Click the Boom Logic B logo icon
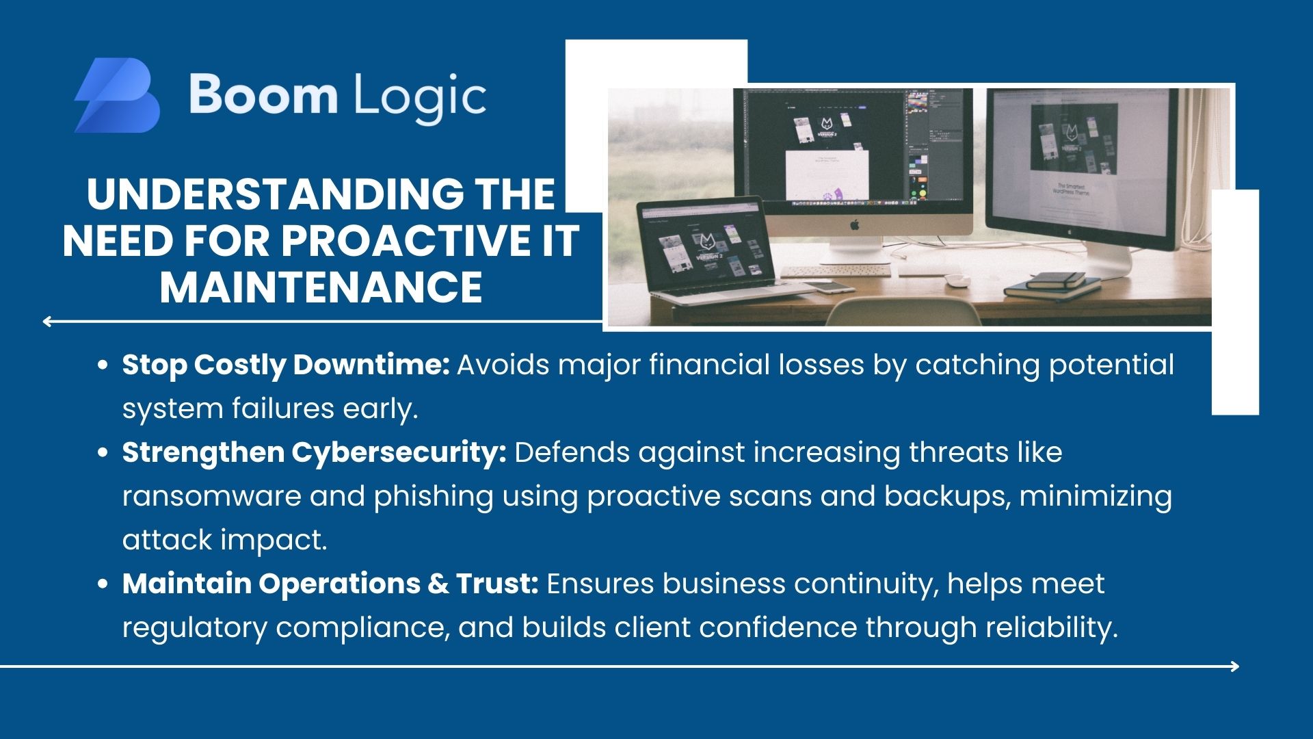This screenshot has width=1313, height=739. [x=117, y=95]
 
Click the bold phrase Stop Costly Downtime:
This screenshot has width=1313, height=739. [x=286, y=366]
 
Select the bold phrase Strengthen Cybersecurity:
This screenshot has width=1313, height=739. [x=315, y=454]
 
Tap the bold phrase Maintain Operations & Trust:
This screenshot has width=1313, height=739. [x=331, y=584]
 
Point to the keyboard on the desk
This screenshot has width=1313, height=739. [x=836, y=271]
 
